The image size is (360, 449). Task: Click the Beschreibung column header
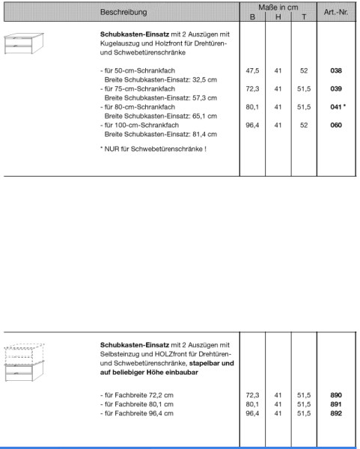point(124,13)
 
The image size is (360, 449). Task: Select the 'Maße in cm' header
point(278,6)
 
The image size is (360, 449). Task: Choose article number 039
point(336,88)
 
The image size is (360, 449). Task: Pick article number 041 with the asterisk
point(338,107)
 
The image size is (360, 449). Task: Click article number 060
point(336,125)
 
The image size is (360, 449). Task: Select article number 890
point(336,394)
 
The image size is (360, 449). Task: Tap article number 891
point(336,403)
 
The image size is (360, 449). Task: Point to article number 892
point(336,412)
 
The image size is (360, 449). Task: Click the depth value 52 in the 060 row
point(303,125)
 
